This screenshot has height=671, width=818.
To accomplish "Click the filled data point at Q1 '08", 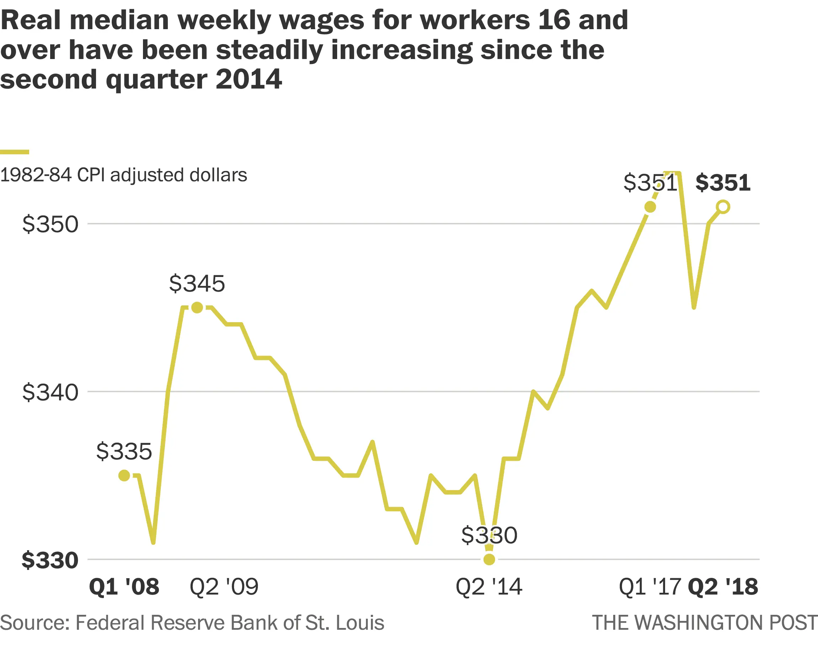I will coord(124,475).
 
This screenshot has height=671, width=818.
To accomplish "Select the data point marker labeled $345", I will coord(197,308).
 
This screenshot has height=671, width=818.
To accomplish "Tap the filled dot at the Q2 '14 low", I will coord(489,559).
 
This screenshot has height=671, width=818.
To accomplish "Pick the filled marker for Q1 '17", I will coord(650,207).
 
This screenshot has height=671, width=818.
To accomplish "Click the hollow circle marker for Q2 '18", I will coord(723,207).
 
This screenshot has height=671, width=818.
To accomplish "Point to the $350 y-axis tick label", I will coord(50,224).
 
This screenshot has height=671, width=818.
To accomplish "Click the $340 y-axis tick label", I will coord(50,392).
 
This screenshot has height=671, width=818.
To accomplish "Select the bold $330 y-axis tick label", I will coord(50,560).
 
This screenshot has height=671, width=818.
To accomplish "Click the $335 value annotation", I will coord(124,451).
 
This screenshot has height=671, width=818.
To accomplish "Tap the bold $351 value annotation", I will coord(723,183).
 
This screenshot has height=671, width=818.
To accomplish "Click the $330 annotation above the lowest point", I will coord(489,535).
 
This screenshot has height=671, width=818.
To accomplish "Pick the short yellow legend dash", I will coord(15,152).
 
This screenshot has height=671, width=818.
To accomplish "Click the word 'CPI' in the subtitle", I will coord(91,175).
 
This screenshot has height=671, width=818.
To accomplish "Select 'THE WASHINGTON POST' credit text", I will coord(704,623).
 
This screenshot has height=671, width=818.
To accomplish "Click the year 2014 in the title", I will coord(249,79).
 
